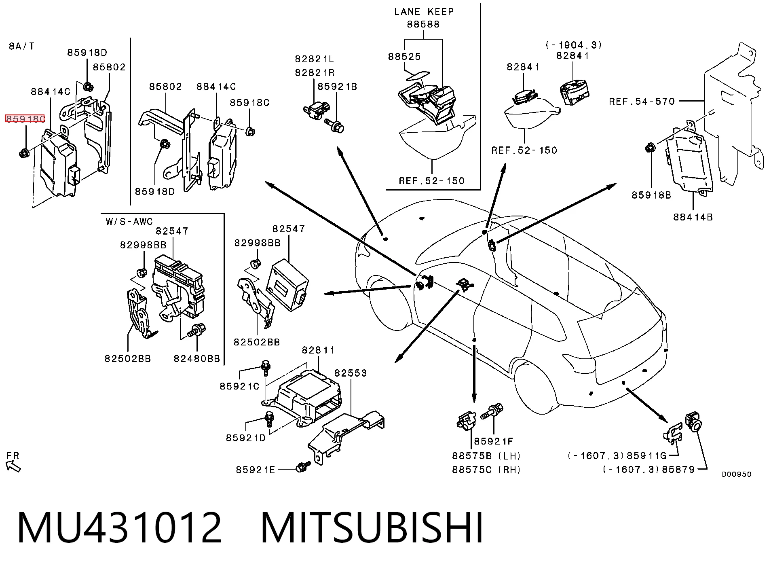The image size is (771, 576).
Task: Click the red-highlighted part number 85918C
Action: click(x=25, y=119)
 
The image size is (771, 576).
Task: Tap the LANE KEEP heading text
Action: click(x=424, y=11)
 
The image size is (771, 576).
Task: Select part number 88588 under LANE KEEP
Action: click(x=423, y=24)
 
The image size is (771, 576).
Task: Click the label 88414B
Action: click(x=693, y=217)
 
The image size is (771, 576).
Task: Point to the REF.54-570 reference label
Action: click(x=642, y=101)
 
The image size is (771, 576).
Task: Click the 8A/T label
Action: click(x=22, y=46)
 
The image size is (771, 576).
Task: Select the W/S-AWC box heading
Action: click(x=129, y=221)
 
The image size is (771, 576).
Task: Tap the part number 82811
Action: click(x=319, y=350)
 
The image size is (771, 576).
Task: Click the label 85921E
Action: click(x=256, y=470)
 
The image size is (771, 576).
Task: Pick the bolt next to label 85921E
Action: click(x=303, y=467)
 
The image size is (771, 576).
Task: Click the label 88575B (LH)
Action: click(x=486, y=456)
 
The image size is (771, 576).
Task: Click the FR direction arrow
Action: click(x=14, y=466)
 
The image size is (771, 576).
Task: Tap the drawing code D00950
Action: click(x=737, y=474)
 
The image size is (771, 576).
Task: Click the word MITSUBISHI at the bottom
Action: click(x=372, y=529)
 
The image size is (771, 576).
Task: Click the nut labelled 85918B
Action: click(x=650, y=148)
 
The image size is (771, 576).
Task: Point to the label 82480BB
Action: click(x=197, y=359)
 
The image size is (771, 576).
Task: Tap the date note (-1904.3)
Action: click(x=573, y=45)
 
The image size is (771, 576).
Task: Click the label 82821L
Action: click(x=315, y=59)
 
